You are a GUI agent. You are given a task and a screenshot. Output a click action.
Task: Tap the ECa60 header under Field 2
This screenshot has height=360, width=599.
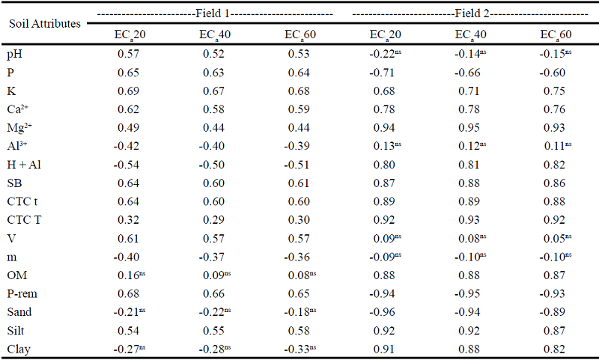coord(555,35)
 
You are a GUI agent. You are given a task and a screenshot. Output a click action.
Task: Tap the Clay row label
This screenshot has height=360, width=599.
coord(20,348)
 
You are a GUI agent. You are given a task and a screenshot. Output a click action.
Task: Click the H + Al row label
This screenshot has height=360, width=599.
coord(26,163)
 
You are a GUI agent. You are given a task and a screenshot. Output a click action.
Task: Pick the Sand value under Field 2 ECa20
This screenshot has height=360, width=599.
coord(384,311)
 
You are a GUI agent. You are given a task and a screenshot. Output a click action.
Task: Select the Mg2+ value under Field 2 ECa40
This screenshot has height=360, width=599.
coord(469,126)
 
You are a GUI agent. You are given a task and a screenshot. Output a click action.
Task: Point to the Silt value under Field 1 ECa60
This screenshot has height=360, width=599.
coord(299,330)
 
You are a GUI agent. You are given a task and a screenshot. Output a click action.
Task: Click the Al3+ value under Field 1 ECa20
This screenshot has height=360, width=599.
coord(128,145)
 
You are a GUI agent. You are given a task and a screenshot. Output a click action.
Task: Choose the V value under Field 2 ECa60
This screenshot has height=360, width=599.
coord(555,237)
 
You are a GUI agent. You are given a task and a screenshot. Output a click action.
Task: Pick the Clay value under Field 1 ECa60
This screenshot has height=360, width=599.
coord(299,348)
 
